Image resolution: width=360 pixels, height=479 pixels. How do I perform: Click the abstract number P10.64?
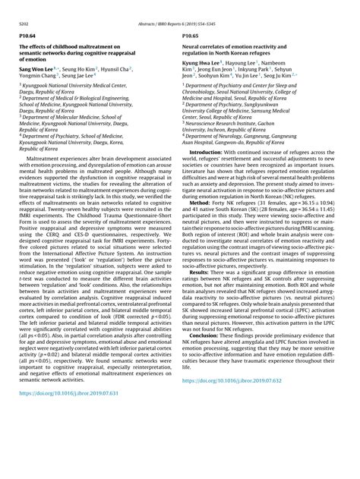click(27, 35)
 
